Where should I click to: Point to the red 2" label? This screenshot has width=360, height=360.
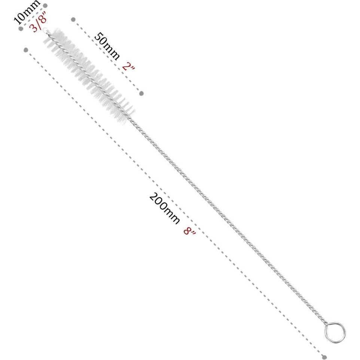coord(128,67)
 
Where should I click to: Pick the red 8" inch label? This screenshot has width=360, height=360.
coord(190,228)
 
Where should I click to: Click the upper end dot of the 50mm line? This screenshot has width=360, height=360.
coord(73,19)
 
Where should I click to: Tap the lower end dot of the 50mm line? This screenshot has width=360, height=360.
coord(141,93)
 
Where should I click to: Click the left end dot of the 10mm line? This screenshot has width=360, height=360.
coord(21,28)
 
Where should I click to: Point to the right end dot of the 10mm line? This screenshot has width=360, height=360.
coord(45,6)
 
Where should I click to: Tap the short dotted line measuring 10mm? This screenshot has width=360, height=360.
coord(33,17)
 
